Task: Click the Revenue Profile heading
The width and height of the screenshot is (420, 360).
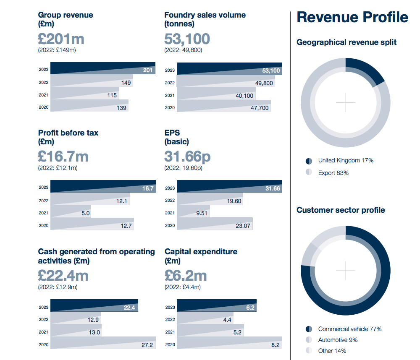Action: pyautogui.click(x=352, y=17)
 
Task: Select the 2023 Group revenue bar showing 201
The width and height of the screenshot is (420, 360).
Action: pyautogui.click(x=103, y=68)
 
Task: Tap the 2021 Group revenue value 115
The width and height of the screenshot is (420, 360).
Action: pyautogui.click(x=112, y=95)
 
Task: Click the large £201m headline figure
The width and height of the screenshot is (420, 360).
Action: pyautogui.click(x=61, y=39)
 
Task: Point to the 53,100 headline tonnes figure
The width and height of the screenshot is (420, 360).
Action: pyautogui.click(x=187, y=39)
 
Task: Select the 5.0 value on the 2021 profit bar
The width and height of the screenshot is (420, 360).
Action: pyautogui.click(x=86, y=213)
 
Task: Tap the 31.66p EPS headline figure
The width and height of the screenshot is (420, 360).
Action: pyautogui.click(x=187, y=157)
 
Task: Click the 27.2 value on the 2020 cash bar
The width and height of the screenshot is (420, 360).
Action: pyautogui.click(x=147, y=345)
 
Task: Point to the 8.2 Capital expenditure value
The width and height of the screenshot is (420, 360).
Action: pyautogui.click(x=275, y=345)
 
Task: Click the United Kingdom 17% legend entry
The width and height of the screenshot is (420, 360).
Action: pyautogui.click(x=345, y=160)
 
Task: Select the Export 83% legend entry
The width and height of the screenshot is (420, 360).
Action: pyautogui.click(x=333, y=173)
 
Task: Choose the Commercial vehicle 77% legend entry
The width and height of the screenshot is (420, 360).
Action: pyautogui.click(x=349, y=329)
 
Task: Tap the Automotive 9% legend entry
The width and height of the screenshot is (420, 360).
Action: pyautogui.click(x=338, y=340)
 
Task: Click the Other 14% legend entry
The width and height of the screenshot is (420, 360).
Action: pyautogui.click(x=332, y=351)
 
